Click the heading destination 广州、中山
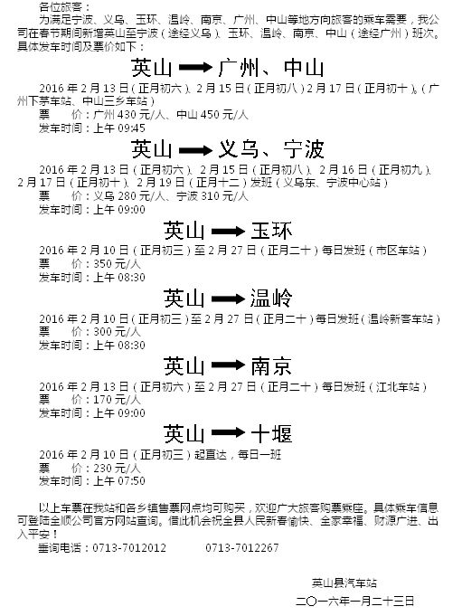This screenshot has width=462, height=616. [x=271, y=68]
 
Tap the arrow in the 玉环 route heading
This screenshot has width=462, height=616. [x=228, y=232]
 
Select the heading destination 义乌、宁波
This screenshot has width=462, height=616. [x=271, y=149]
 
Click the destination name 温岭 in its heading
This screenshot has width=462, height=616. [x=271, y=299]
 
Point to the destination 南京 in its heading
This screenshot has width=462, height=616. [x=271, y=366]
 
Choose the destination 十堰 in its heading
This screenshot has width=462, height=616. [x=271, y=434]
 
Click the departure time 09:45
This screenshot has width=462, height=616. [x=131, y=128]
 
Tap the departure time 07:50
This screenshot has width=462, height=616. [x=131, y=481]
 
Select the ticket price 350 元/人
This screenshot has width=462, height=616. [x=117, y=264]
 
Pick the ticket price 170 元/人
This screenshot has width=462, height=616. [x=117, y=400]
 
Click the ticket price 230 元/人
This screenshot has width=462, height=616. [x=117, y=468]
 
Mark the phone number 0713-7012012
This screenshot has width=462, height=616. [x=129, y=547]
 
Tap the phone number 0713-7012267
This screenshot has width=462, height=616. [x=241, y=547]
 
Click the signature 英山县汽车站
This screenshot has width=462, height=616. [x=344, y=583]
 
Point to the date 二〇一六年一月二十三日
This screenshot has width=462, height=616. [x=354, y=601]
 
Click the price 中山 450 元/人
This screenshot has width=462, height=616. [x=212, y=115]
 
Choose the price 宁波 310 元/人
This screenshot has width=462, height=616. [x=212, y=196]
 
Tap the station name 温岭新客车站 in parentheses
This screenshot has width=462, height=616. [x=401, y=318]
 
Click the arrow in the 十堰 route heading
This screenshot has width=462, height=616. [x=228, y=433]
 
